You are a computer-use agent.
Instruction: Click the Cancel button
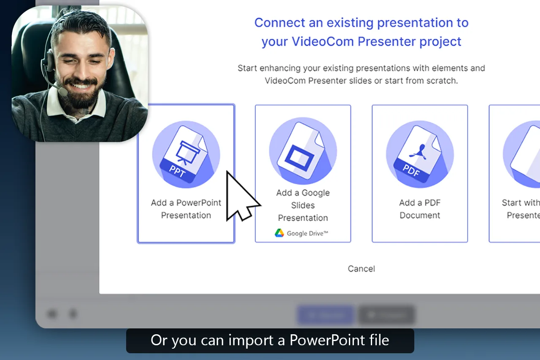361,269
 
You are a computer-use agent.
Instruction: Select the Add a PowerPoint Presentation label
186,209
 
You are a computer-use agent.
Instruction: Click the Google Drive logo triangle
279,233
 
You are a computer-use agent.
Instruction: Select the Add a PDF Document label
420,209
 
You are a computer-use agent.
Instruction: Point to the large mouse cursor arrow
239,198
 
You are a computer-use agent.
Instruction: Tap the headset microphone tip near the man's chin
63,91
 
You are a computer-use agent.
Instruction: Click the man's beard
84,95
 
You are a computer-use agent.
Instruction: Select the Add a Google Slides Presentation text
303,205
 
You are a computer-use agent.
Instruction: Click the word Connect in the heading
279,23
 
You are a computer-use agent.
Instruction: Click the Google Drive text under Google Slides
307,233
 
